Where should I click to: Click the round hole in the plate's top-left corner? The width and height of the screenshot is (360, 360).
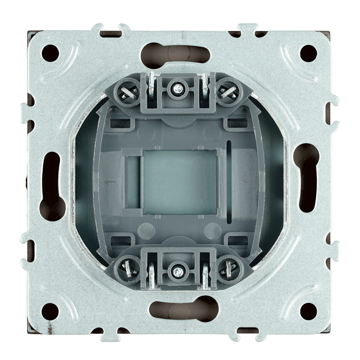click(50, 53)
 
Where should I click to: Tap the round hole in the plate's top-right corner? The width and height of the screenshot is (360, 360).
click(309, 53)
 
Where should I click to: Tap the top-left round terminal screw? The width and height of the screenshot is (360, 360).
click(128, 91)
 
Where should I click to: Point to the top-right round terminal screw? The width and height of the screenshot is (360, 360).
click(229, 91)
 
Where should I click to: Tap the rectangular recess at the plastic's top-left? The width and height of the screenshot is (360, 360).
click(119, 123)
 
